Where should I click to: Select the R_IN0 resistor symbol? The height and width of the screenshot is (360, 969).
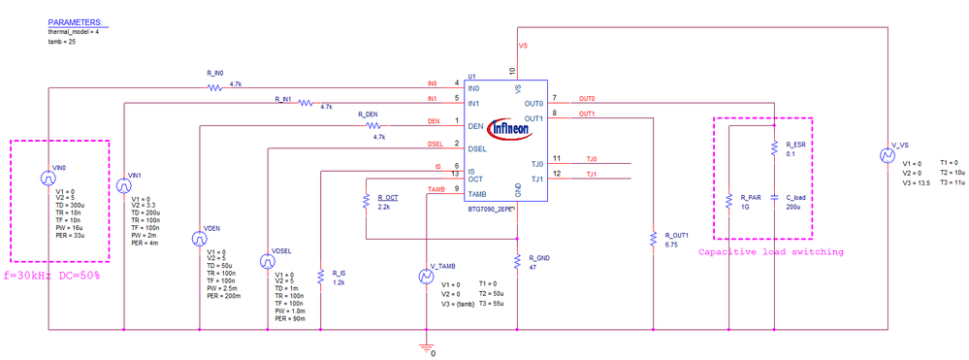[215, 87]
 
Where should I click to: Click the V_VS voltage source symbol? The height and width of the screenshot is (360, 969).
[886, 155]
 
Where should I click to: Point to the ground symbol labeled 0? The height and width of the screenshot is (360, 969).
[424, 347]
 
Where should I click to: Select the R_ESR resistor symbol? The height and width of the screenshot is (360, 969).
[774, 147]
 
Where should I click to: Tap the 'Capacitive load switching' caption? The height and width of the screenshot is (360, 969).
[770, 251]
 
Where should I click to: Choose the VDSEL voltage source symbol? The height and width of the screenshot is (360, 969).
[267, 261]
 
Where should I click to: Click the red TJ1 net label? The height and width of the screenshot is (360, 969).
[591, 175]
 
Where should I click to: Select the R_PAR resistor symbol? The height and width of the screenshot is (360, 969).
[727, 201]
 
